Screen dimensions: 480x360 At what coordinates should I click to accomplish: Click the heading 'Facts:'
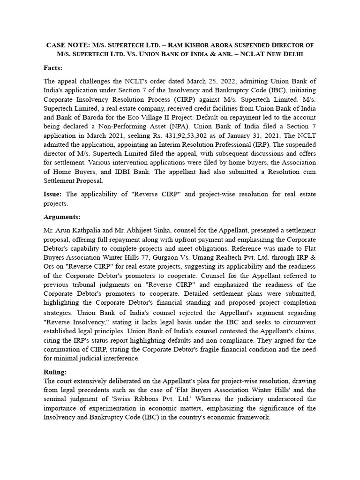click(53, 68)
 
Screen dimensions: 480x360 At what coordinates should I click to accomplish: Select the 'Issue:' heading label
click(53, 194)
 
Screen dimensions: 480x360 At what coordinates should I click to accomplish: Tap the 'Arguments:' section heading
click(62, 217)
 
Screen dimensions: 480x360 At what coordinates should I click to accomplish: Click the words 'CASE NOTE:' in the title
click(66, 45)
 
